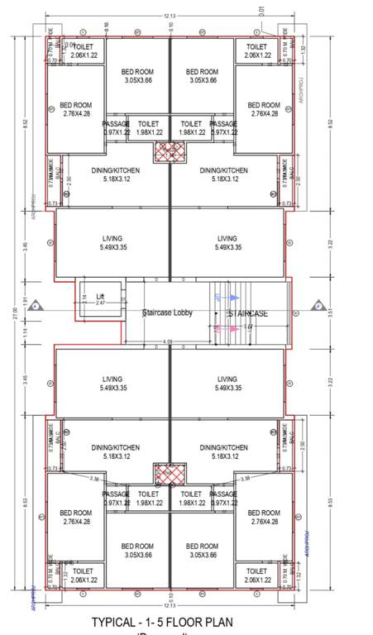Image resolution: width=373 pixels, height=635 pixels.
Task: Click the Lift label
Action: pyautogui.click(x=101, y=296)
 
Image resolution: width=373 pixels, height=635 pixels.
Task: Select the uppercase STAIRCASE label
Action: pyautogui.click(x=247, y=314)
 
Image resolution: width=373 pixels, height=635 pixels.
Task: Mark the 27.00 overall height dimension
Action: pyautogui.click(x=14, y=315)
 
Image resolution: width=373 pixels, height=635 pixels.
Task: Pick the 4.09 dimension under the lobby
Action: pyautogui.click(x=169, y=341)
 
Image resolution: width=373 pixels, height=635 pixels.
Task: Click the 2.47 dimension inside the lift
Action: pyautogui.click(x=100, y=304)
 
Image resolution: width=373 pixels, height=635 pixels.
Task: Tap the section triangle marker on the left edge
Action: pyautogui.click(x=36, y=307)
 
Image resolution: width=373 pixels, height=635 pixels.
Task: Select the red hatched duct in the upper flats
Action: pyautogui.click(x=170, y=152)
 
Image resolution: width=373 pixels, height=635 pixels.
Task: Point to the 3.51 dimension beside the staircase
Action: pyautogui.click(x=328, y=313)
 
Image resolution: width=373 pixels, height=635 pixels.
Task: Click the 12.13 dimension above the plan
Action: pyautogui.click(x=169, y=16)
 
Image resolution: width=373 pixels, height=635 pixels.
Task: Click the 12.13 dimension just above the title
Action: pyautogui.click(x=169, y=605)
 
